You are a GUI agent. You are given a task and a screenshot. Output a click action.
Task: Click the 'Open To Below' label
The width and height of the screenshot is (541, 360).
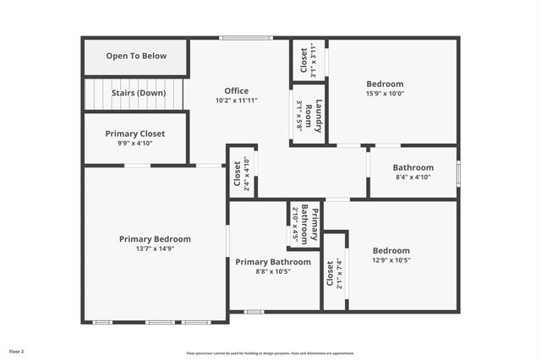coord(136,57)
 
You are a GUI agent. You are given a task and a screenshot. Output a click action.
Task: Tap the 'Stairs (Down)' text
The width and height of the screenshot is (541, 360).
coord(139,93)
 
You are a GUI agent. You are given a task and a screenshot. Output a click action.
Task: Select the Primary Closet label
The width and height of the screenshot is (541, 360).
coord(135,134)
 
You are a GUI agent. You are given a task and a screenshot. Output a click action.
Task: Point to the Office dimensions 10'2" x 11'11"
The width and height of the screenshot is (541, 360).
coord(236,101)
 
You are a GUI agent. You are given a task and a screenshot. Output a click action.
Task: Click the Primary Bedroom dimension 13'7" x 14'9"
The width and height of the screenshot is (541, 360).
coord(155,249)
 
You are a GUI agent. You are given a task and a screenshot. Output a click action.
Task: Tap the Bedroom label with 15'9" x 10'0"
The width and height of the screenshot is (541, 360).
coord(385,84)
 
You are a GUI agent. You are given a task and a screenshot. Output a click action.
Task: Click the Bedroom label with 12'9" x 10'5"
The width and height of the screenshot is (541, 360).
coord(391,250)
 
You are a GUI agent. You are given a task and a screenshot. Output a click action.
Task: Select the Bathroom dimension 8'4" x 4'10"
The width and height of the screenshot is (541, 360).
coord(413,177)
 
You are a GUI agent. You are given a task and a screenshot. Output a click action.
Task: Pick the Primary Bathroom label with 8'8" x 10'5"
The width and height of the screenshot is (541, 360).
coord(273,262)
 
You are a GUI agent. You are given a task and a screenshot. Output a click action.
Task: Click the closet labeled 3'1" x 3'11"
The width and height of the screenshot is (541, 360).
coord(309,59)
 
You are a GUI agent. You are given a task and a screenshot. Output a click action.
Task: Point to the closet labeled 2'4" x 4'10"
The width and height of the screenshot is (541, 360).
coord(241,174)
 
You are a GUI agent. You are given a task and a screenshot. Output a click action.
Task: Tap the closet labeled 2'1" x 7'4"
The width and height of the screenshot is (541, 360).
coord(335,274)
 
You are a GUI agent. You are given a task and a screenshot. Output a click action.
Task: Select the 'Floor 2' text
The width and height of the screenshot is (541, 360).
coord(17,351)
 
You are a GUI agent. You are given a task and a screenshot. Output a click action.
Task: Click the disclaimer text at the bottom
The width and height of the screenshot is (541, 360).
coord(270,353)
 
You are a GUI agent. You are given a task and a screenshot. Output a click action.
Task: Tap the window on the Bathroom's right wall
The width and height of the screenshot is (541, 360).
coord(457,172)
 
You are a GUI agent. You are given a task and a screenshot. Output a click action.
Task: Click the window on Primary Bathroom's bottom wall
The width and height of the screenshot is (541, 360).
coord(254,312)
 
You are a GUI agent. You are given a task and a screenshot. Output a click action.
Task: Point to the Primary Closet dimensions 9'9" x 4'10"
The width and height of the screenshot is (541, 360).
coord(135,143)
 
